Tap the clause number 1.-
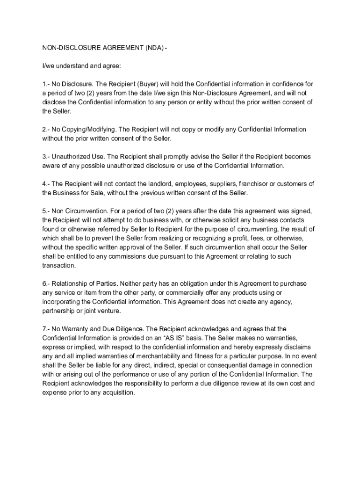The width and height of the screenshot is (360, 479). coord(46,84)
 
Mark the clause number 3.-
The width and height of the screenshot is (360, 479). coord(46,157)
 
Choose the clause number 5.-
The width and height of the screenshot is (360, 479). coord(46,211)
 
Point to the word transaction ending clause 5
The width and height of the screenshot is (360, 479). coord(58,266)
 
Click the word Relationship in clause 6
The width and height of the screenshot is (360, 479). coord(73,284)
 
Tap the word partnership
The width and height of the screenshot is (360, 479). coord(58,311)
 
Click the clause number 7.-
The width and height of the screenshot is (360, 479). coord(46,329)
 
